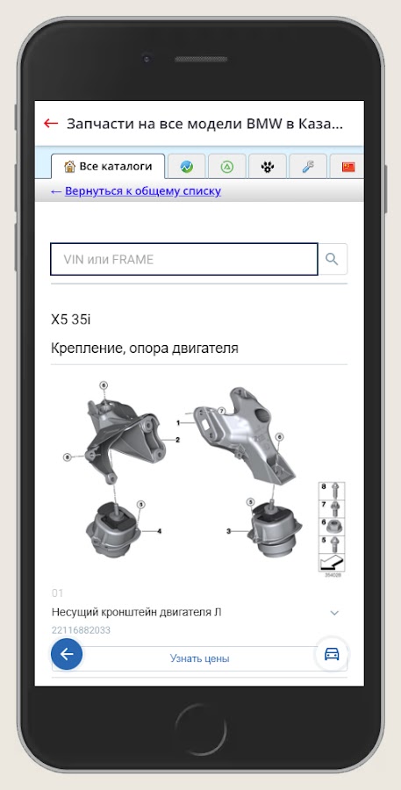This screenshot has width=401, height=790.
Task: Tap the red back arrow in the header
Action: [x=51, y=123]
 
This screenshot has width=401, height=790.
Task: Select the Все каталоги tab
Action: [x=108, y=166]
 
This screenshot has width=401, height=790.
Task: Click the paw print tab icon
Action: [x=268, y=167]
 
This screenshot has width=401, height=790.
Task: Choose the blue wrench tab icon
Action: [x=308, y=167]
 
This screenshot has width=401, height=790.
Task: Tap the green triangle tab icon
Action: [x=227, y=167]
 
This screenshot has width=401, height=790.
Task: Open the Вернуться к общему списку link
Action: [x=136, y=191]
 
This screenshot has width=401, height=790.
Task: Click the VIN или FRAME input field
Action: [x=184, y=260]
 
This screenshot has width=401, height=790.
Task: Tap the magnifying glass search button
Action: [x=332, y=259]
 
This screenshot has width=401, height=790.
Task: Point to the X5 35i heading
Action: [x=71, y=320]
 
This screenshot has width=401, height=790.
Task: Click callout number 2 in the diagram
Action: [x=177, y=440]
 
